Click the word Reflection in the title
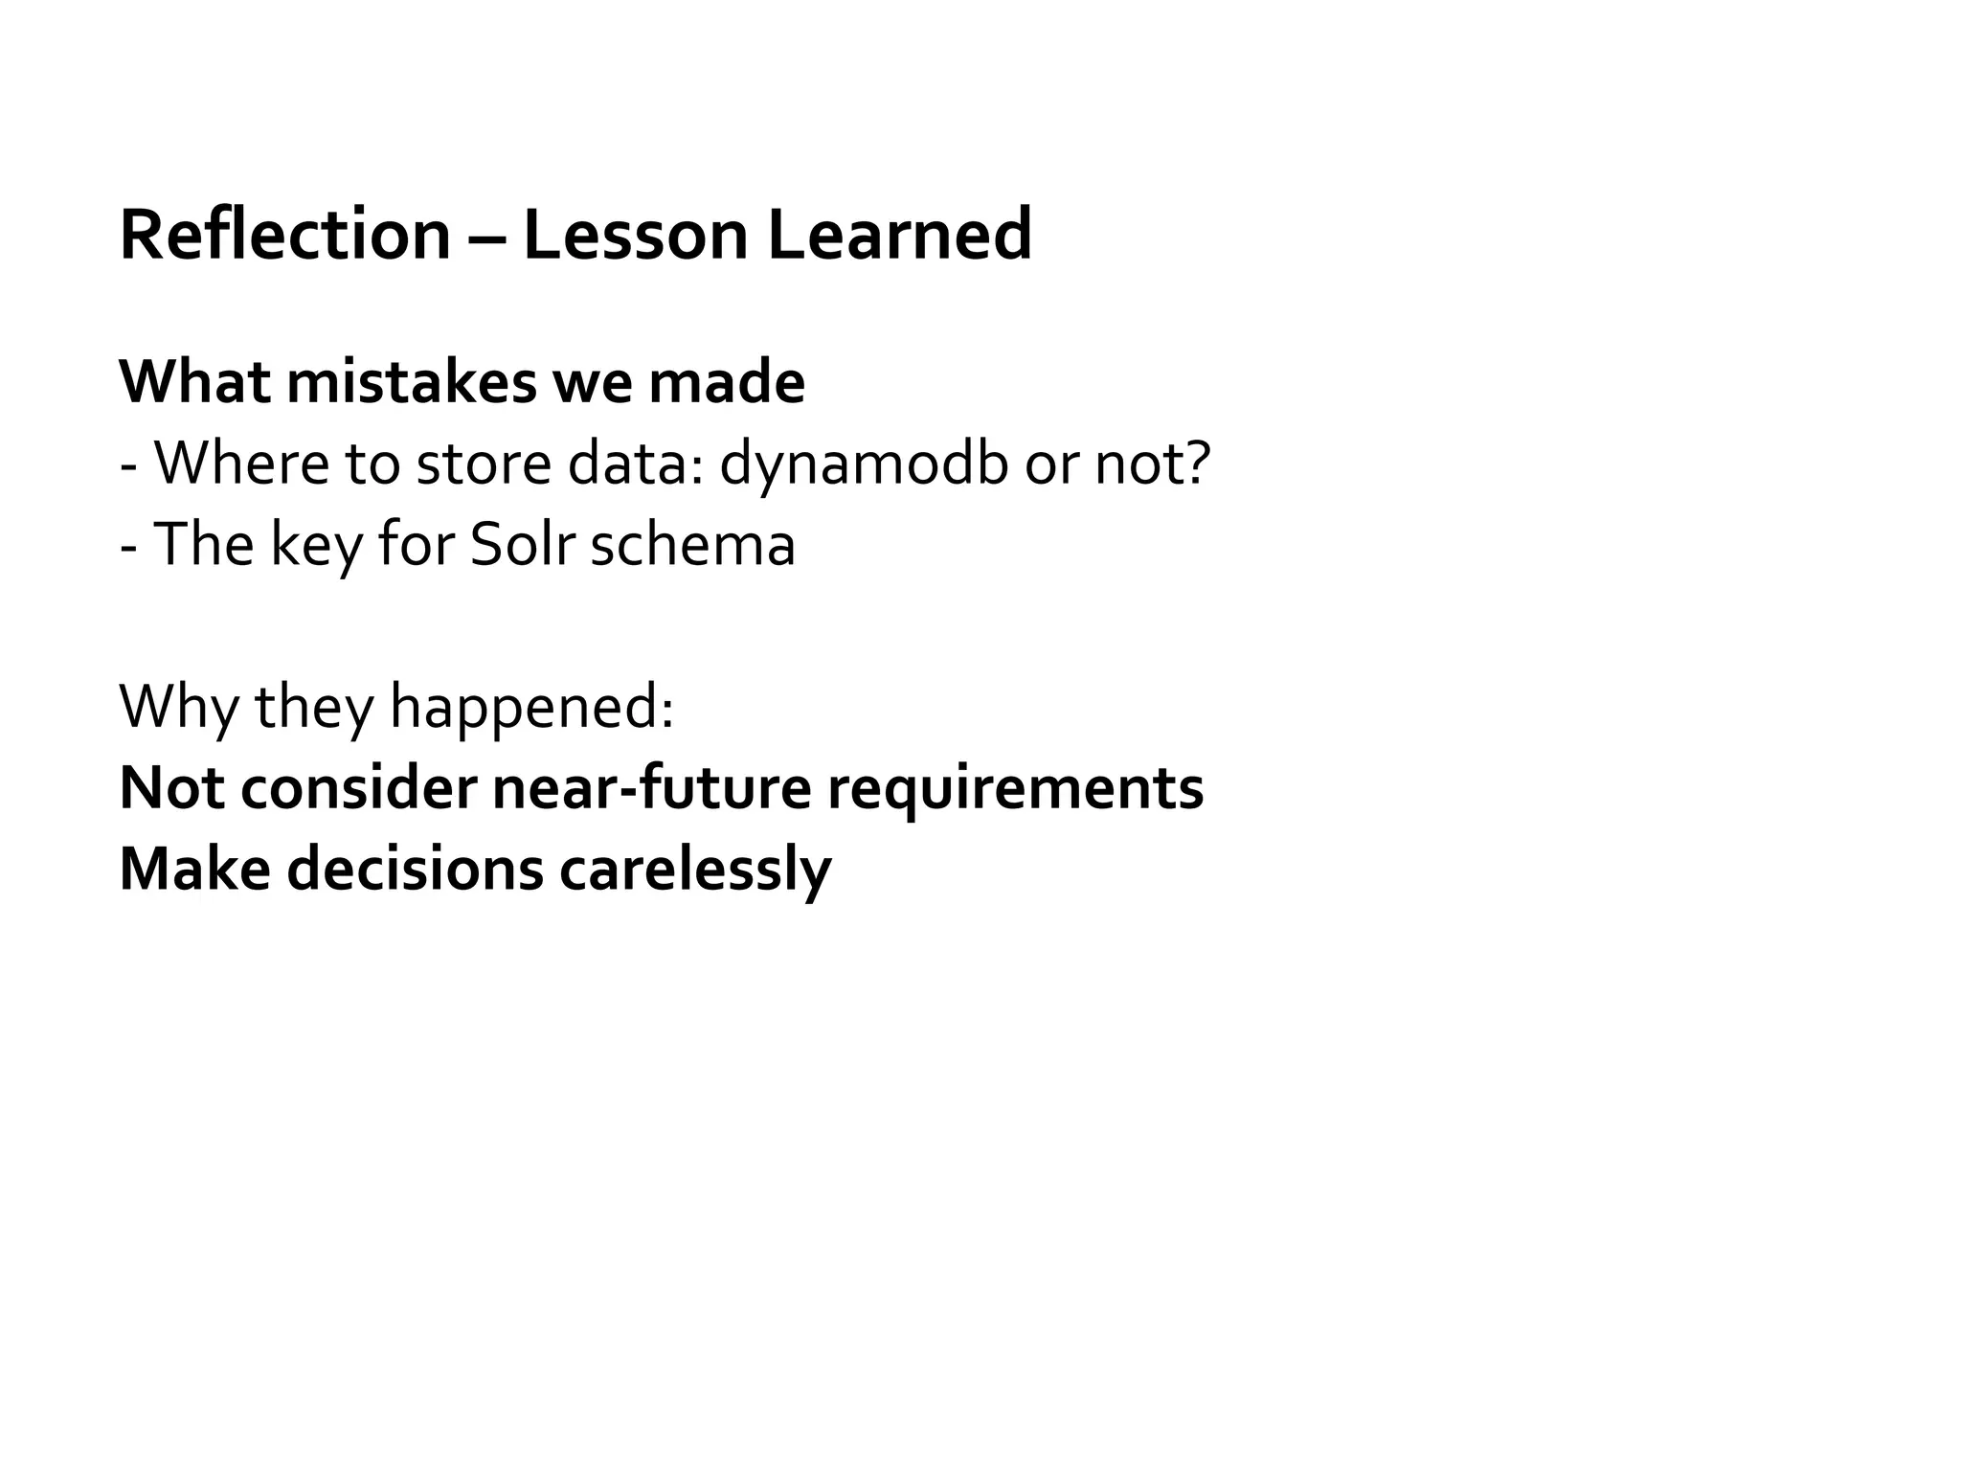pos(284,235)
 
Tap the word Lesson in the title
pos(635,235)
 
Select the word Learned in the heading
pos(899,235)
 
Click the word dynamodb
pos(864,464)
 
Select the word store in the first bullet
pos(484,464)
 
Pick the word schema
pos(692,544)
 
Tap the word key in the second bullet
pos(316,546)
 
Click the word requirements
pos(1015,790)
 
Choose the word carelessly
pos(695,870)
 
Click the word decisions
pos(415,870)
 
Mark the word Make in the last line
pos(194,870)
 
